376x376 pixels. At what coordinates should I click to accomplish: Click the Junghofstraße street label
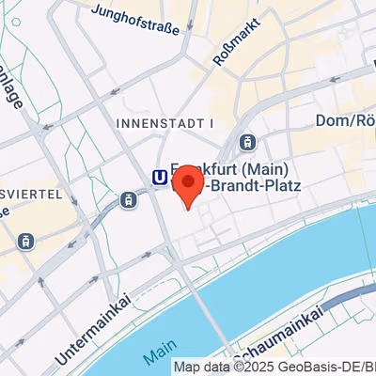tap(137, 20)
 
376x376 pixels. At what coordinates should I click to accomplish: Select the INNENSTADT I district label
tap(165, 123)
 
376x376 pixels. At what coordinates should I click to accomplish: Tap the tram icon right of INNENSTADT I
tap(246, 142)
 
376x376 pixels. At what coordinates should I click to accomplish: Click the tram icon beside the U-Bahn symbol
tap(127, 198)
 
